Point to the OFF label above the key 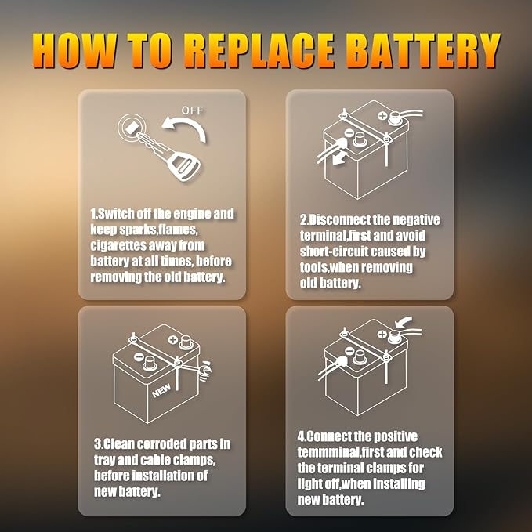(x=192, y=111)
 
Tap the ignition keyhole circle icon (x=130, y=128)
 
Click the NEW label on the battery (x=161, y=386)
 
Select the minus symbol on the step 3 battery (x=139, y=358)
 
